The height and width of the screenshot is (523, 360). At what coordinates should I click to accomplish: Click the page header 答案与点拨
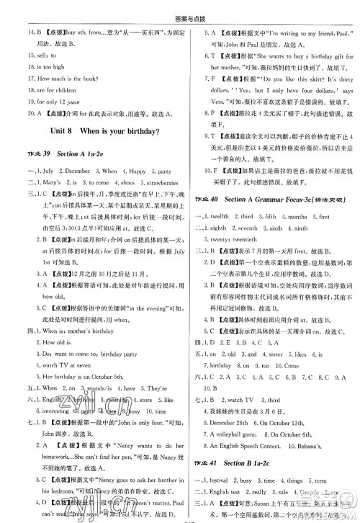[179, 9]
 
